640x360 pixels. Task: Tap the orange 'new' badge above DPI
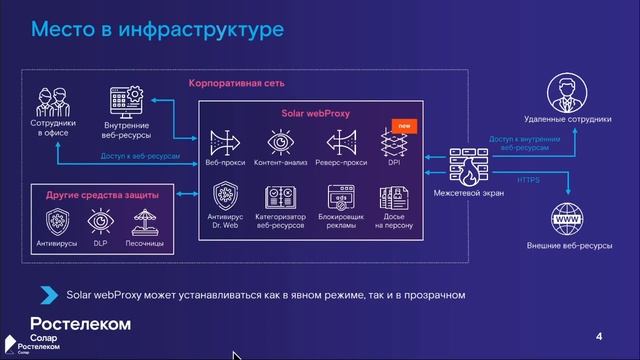[403, 126]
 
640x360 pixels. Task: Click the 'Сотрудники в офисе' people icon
[52, 101]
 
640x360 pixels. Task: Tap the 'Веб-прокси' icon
[225, 142]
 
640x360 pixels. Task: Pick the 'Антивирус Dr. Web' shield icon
[225, 196]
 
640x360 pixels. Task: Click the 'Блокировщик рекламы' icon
[341, 196]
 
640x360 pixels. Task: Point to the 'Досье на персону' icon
[393, 196]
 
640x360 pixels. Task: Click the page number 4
[598, 335]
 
